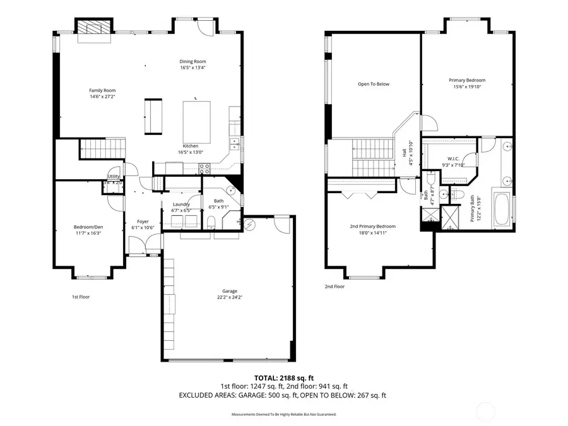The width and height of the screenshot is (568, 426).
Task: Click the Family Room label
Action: point(102,90)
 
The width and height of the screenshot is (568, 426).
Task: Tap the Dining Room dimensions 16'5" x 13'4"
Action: point(192,68)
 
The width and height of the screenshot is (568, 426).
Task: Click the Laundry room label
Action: point(181,204)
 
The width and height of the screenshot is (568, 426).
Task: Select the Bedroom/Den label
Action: point(87,227)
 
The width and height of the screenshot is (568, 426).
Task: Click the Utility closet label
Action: point(114,177)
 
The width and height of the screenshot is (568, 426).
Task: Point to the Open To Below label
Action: point(373,84)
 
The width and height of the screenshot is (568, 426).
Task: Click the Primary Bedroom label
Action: point(467,80)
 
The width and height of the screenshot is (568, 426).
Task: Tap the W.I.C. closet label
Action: point(452,158)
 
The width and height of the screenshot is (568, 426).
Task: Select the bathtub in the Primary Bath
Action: point(502,210)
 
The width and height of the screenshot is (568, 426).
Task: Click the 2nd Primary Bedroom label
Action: point(372,226)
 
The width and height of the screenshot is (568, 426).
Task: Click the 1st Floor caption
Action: point(80,296)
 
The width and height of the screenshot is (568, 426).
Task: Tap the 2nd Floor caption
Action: point(334,286)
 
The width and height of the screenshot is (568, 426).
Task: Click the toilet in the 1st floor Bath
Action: point(211,221)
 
